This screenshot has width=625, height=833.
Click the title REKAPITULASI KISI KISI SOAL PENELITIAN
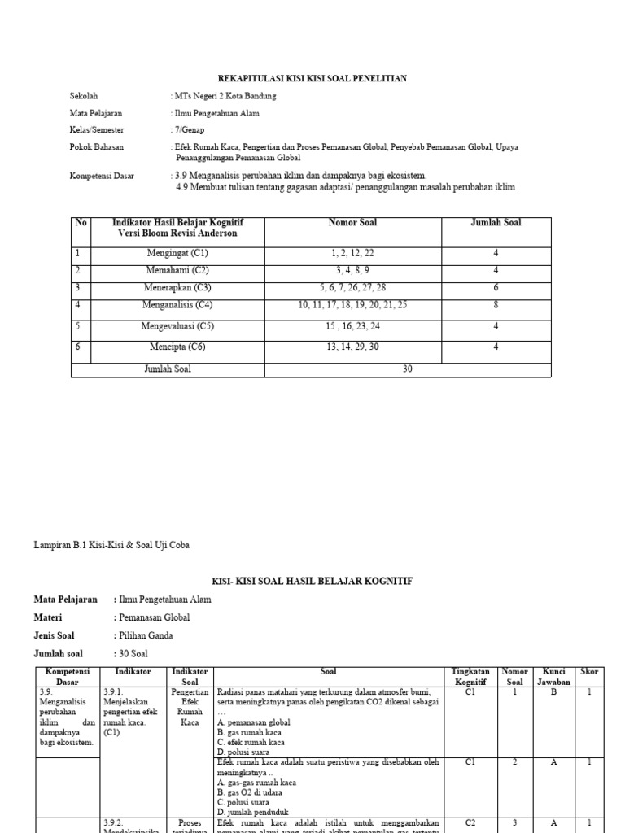(x=312, y=78)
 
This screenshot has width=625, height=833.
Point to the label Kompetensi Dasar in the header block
(x=102, y=175)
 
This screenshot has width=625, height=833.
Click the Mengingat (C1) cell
(x=177, y=254)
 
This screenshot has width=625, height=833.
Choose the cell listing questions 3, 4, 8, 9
(x=352, y=270)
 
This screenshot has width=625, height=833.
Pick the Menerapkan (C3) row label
(x=177, y=287)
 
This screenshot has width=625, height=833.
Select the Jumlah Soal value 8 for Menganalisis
(x=496, y=304)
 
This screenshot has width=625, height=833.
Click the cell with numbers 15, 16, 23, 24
(x=352, y=326)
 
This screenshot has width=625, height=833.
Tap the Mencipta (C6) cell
(x=177, y=347)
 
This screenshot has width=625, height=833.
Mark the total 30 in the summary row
(x=408, y=369)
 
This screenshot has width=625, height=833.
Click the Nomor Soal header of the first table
(x=352, y=222)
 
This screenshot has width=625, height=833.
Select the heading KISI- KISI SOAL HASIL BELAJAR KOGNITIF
(x=312, y=581)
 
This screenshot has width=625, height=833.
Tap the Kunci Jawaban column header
(x=553, y=677)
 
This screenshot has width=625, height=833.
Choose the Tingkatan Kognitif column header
(x=470, y=677)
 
